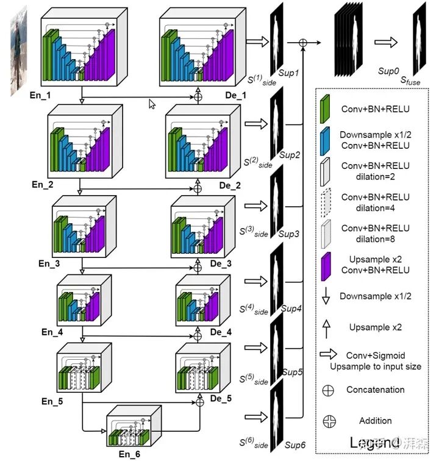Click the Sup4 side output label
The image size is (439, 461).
click(x=291, y=309)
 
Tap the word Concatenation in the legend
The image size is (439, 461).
click(x=375, y=389)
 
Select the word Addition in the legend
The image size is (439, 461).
click(x=375, y=421)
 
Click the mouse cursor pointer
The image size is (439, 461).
click(x=152, y=104)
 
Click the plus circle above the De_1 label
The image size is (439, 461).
click(x=198, y=96)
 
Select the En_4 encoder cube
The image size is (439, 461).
click(x=82, y=300)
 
